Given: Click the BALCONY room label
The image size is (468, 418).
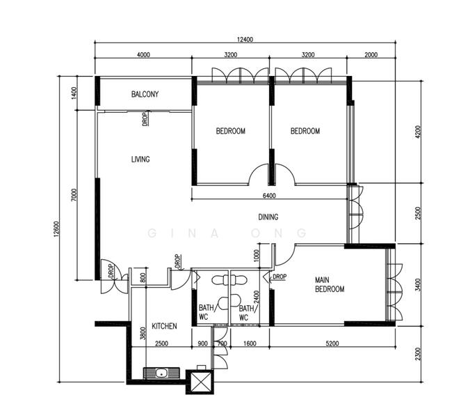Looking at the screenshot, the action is [145, 94].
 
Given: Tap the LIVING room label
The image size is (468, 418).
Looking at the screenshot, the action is [140, 159].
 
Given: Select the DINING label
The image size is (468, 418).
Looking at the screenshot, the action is [268, 217].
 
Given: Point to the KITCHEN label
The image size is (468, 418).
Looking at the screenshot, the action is [164, 326].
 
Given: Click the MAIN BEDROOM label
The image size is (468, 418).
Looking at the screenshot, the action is [330, 284].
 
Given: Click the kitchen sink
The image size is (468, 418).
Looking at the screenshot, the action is [162, 373].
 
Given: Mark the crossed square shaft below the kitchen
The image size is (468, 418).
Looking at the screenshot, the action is [200, 382].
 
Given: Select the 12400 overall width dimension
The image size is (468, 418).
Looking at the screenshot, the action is [245, 40].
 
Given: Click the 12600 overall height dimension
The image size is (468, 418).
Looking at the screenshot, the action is [57, 229].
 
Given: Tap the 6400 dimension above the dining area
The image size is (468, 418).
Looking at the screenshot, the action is [269, 196].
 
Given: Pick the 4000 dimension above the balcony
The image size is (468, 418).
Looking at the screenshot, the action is [143, 55].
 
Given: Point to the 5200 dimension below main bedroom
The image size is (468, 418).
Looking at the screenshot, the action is [332, 343].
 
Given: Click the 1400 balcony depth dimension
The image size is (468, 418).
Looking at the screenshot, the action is [74, 93].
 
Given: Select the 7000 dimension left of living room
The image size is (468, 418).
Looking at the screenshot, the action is [74, 194].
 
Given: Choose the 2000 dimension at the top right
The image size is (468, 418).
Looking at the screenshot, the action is [371, 55].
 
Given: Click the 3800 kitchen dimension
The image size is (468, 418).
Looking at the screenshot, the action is [143, 334].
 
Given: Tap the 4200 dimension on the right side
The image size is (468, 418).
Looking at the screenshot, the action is [418, 132].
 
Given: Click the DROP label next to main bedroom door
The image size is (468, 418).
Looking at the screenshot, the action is [280, 277].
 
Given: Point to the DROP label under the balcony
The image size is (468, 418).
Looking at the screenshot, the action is [145, 119].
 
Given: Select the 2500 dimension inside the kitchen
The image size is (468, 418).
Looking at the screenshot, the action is [161, 343].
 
